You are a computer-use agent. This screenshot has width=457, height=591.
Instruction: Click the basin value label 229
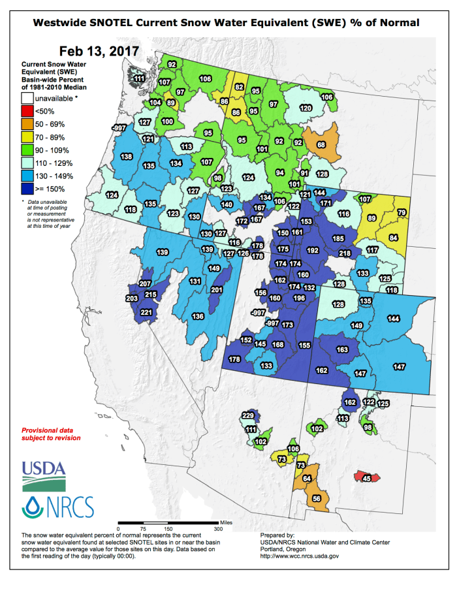248,416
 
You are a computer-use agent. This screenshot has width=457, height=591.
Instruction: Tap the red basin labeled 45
366,478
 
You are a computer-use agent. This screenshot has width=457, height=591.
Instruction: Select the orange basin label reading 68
321,144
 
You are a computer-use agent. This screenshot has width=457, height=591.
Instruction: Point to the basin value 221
146,312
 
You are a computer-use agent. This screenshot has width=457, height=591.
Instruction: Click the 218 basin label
345,253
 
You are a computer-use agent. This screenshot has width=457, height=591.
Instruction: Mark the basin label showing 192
313,249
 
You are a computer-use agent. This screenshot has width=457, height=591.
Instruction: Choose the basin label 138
127,157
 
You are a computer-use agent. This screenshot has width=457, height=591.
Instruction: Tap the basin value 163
342,349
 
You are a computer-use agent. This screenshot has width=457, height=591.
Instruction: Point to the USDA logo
44,473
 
